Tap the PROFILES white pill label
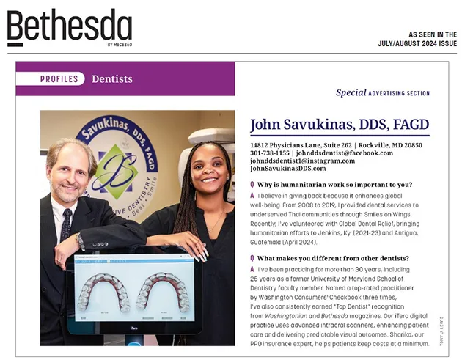(59, 79)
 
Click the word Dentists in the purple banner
(112, 79)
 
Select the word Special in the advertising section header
(351, 93)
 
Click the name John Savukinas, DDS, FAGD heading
(340, 125)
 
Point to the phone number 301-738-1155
(271, 153)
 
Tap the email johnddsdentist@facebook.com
(344, 153)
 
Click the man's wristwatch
(80, 240)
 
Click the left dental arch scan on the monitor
(107, 292)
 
